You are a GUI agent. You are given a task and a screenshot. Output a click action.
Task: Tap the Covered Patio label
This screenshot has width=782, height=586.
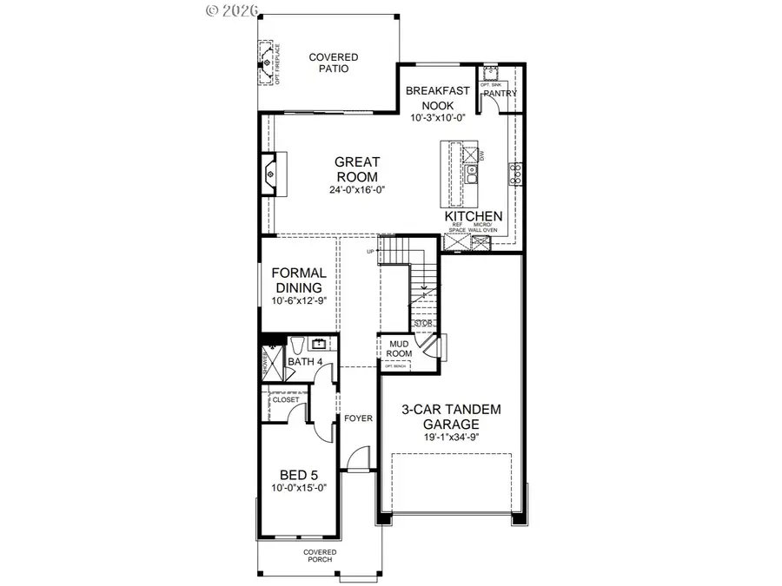tap(334, 63)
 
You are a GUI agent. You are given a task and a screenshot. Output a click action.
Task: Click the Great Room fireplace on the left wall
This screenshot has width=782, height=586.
tap(270, 174)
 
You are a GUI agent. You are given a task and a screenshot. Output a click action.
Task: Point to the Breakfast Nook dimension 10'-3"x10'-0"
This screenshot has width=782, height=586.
tap(439, 117)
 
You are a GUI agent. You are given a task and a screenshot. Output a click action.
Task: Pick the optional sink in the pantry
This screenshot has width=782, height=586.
tap(490, 74)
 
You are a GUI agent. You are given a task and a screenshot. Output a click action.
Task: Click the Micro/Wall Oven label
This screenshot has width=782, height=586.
tap(483, 227)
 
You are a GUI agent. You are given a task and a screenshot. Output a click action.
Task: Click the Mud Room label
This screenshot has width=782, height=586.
tap(399, 348)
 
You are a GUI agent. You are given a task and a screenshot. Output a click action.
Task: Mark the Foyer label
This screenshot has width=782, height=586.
tap(358, 418)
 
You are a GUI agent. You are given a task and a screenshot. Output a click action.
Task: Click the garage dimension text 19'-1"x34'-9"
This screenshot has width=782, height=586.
tap(451, 438)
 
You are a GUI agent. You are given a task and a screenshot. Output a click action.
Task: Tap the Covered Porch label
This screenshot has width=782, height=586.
tap(319, 556)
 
